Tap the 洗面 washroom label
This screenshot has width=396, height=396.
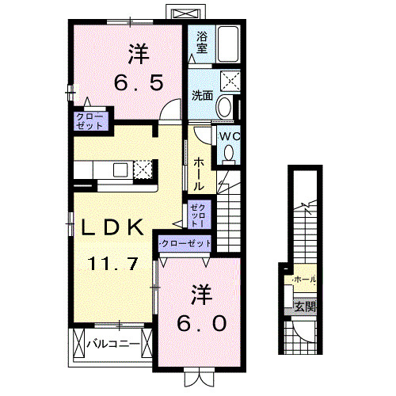click(x=200, y=96)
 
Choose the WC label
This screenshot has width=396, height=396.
click(x=229, y=135)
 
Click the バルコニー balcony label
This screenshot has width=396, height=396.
click(x=113, y=345)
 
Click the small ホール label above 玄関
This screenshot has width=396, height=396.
click(x=303, y=280)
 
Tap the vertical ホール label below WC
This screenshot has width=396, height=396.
click(x=198, y=173)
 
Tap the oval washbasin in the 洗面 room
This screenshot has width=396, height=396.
click(x=224, y=107)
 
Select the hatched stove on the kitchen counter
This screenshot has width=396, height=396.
click(x=143, y=169)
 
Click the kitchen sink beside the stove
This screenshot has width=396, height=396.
click(x=121, y=169)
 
